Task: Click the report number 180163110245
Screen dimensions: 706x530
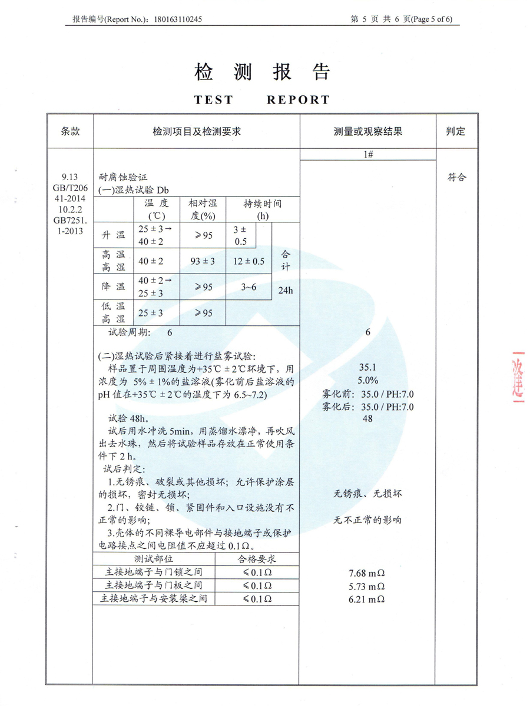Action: tap(177, 19)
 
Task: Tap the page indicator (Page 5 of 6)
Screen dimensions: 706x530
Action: tap(432, 19)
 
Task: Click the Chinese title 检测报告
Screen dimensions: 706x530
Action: tap(262, 72)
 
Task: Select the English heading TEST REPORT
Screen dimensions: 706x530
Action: tap(262, 100)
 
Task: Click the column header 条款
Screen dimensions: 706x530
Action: tap(70, 131)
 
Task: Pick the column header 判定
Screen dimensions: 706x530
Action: tap(456, 131)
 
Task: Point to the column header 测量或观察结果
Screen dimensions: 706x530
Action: tap(368, 131)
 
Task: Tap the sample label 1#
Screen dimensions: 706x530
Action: tap(369, 154)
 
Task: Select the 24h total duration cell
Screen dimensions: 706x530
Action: tap(286, 290)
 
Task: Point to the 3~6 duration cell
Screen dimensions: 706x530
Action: tap(249, 287)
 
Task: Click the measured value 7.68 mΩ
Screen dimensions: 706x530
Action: tap(367, 573)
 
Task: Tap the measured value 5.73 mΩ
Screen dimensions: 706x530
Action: tap(367, 587)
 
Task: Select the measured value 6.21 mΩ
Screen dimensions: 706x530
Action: tap(367, 599)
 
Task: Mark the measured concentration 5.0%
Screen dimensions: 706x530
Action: tap(368, 379)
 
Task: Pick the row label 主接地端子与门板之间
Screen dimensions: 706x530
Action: tap(154, 585)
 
